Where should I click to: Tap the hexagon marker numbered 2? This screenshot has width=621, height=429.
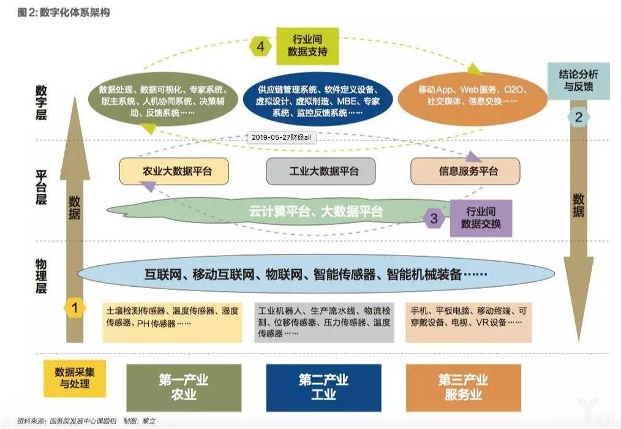point(578,118)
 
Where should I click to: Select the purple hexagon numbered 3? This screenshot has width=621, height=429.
point(434,218)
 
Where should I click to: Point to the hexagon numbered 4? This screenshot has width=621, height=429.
point(260,47)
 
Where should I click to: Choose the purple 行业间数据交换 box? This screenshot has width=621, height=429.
point(480,218)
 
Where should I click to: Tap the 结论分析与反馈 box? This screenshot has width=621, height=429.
point(578,81)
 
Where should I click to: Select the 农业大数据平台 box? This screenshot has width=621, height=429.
point(174,171)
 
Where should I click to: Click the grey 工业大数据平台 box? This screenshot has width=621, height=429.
point(320,171)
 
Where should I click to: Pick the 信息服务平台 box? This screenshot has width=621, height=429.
point(465,171)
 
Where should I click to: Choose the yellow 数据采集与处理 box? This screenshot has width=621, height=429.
point(75,378)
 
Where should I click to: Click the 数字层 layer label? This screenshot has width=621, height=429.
point(41,102)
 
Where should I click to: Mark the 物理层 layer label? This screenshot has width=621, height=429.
point(41,277)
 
